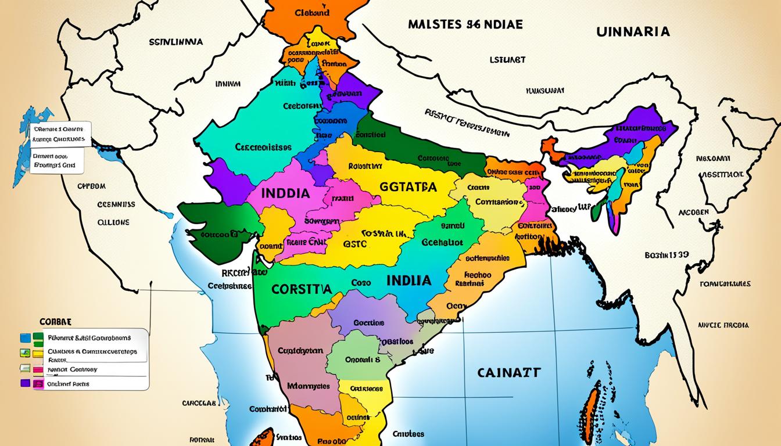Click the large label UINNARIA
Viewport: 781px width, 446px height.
point(633,32)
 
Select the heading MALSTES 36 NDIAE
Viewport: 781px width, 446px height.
point(464,25)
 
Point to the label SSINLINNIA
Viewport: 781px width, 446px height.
point(177,42)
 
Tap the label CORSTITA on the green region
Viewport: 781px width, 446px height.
point(302,288)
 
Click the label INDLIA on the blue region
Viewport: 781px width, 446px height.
point(409,280)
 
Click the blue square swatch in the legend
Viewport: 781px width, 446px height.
point(25,337)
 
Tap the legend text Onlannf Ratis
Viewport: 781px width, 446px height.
point(68,384)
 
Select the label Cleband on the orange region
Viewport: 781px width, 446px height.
point(311,12)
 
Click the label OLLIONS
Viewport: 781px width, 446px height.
point(113,222)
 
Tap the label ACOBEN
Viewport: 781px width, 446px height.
point(693,213)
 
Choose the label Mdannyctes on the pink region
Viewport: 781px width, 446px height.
point(309,386)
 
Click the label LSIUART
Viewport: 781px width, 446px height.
point(508,60)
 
